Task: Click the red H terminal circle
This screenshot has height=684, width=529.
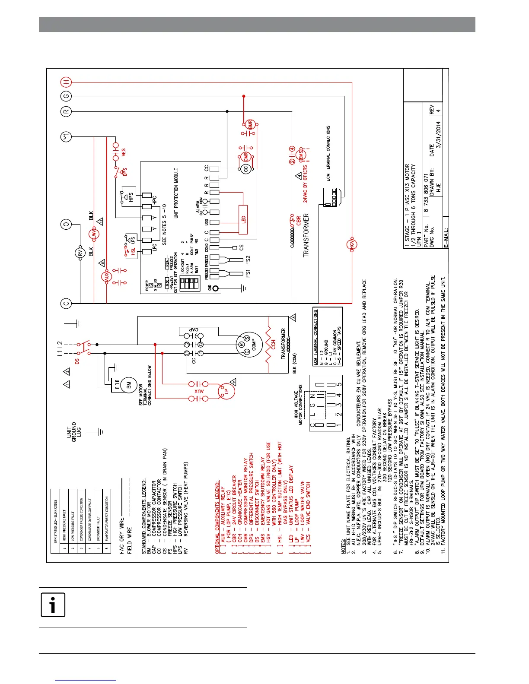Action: [x=66, y=82]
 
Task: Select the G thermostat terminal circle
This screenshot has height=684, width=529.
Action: [x=66, y=96]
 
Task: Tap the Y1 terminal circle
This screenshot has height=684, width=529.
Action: [x=66, y=137]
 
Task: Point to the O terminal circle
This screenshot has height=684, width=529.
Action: [x=66, y=225]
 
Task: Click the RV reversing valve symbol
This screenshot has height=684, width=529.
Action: [x=80, y=253]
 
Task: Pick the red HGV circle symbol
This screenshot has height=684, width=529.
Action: [x=352, y=245]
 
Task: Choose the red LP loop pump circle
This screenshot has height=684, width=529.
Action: [x=225, y=391]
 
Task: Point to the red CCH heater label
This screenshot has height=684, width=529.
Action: [x=273, y=344]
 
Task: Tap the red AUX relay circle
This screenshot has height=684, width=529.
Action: [x=107, y=277]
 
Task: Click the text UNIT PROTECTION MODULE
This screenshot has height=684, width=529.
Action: [x=176, y=193]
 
